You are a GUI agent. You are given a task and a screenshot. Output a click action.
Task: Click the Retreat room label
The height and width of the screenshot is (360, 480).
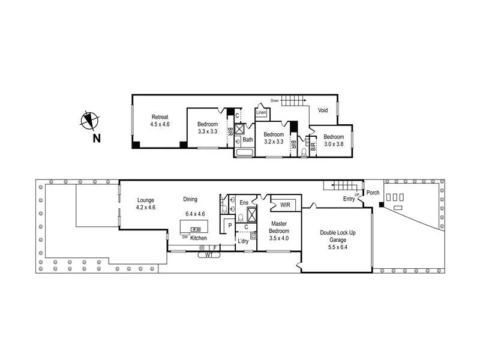pyautogui.click(x=160, y=116)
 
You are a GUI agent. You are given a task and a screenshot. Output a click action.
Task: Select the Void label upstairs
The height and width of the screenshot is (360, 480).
pyautogui.click(x=323, y=110)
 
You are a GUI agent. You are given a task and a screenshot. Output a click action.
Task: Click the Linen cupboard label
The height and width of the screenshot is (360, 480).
pyautogui.click(x=261, y=112)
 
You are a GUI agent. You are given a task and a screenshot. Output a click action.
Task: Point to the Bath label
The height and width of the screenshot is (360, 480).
pyautogui.click(x=248, y=140)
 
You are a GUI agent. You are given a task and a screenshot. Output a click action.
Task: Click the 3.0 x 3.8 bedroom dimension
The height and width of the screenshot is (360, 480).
pyautogui.click(x=334, y=144)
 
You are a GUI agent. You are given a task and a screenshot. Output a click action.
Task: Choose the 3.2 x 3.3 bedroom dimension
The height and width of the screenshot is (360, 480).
pyautogui.click(x=273, y=142)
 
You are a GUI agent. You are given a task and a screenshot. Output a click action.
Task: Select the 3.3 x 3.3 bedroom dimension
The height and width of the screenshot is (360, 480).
pyautogui.click(x=208, y=131)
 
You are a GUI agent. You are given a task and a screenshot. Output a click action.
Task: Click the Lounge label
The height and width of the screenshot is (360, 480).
pyautogui.click(x=146, y=200)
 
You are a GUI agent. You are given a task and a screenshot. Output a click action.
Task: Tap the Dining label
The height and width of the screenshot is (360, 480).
pyautogui.click(x=190, y=199)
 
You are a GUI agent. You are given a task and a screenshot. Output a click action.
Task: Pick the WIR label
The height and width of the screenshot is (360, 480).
pyautogui.click(x=286, y=205)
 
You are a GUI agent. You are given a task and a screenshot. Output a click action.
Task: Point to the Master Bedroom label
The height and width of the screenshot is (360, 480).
pyautogui.click(x=279, y=227)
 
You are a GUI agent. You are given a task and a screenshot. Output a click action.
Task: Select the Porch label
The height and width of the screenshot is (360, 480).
pyautogui.click(x=373, y=193)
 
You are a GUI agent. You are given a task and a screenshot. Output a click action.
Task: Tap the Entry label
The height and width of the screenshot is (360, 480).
pyautogui.click(x=349, y=199)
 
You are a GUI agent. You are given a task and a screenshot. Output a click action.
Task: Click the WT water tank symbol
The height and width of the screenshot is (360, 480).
pyautogui.click(x=209, y=254)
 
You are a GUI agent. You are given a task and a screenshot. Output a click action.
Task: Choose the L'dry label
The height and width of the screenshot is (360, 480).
pyautogui.click(x=244, y=241)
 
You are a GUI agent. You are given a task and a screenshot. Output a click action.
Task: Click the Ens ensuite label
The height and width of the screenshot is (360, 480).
pyautogui.click(x=244, y=203)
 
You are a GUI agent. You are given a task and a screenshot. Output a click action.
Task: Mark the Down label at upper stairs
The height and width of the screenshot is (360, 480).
pyautogui.click(x=275, y=100)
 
